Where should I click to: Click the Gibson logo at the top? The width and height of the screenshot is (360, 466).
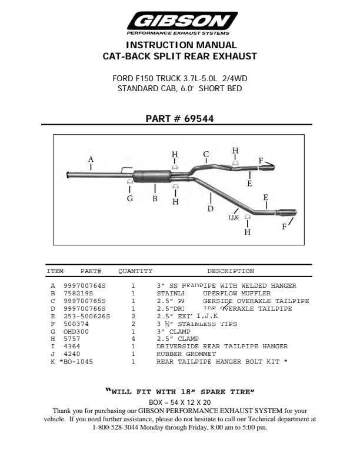[180, 23]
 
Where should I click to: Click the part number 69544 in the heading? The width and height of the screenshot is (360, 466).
[199, 118]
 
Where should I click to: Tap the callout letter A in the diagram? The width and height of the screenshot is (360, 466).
[91, 159]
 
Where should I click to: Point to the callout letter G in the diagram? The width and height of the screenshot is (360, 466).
[130, 198]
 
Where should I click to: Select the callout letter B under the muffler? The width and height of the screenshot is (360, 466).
[155, 198]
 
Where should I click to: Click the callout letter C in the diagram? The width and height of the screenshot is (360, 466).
[206, 155]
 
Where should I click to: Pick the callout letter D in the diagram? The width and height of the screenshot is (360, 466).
[210, 208]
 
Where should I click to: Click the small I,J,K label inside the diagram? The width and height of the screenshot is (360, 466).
[234, 217]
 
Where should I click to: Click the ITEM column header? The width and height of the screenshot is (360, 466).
[55, 271]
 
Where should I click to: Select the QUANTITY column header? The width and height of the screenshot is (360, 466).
[135, 271]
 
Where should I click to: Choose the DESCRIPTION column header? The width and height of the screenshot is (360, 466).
[231, 271]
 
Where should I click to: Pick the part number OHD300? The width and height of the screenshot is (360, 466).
[75, 331]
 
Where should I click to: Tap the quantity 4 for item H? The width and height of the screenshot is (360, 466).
[133, 339]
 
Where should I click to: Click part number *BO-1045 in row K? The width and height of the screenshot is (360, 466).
[76, 362]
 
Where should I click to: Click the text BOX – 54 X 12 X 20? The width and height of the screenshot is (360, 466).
[180, 402]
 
